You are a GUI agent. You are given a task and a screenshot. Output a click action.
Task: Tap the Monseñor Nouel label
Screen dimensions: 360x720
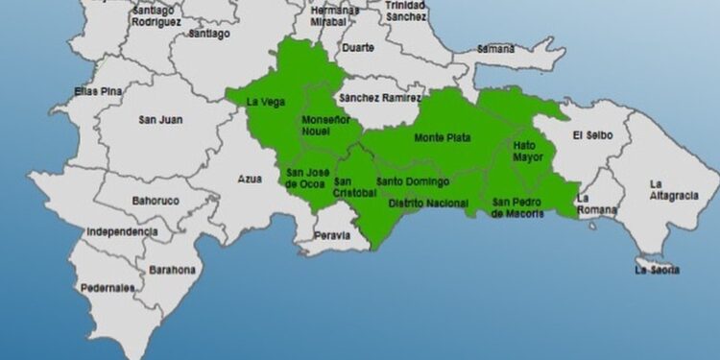323,126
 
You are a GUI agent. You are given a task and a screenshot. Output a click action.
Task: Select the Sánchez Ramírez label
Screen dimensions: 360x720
379,98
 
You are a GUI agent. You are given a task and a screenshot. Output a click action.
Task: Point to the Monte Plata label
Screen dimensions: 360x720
442,137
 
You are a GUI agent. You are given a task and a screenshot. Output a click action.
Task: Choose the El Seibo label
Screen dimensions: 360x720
590,134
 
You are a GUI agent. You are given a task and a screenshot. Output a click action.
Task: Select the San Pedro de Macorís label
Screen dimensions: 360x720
517,207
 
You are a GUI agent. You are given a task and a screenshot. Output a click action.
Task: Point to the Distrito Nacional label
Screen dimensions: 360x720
428,204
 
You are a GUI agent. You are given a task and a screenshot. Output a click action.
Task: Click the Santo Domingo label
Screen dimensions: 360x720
413,181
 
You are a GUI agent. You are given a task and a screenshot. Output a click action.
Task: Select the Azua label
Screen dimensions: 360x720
250,180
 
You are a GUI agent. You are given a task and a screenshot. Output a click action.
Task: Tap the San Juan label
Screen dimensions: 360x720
160,120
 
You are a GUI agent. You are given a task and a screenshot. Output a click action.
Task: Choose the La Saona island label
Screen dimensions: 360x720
658,270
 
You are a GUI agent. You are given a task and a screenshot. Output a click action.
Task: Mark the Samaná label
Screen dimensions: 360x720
495,48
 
